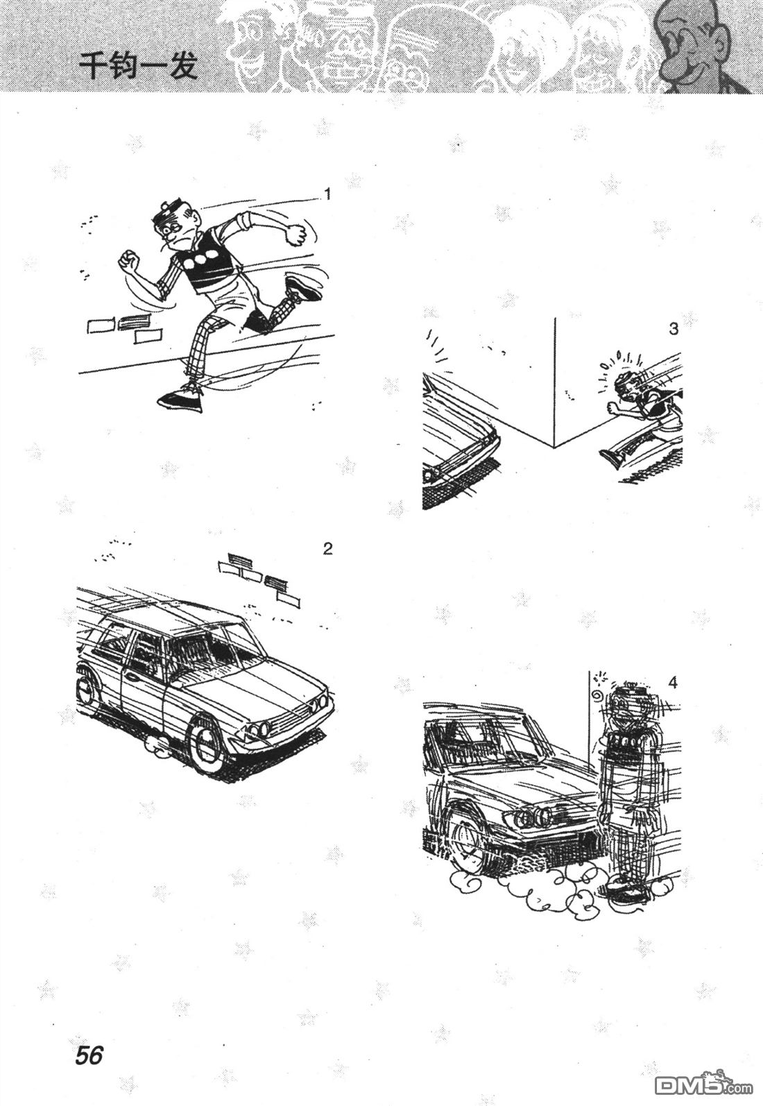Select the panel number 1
pos(326,194)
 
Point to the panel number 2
pos(327,549)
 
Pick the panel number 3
pos(674,330)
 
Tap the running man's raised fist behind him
pos(296,235)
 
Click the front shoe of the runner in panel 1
pos(181,398)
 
